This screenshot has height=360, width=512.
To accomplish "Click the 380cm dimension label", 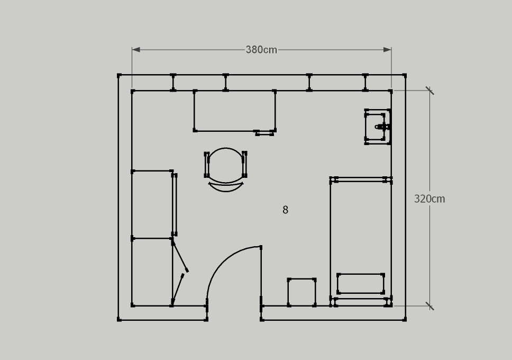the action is click(261, 50).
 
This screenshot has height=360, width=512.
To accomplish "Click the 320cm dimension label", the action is click(429, 199).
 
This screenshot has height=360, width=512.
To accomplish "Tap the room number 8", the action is click(286, 210).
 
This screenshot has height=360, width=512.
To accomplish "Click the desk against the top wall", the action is click(235, 111).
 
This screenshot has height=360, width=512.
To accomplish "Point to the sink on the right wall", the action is click(378, 127).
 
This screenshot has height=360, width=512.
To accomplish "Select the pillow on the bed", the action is click(361, 284).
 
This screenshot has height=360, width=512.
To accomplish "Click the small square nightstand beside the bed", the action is click(301, 292).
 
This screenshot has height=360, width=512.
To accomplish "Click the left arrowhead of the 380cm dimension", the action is click(136, 50).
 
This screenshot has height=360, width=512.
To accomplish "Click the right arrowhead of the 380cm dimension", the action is click(388, 50).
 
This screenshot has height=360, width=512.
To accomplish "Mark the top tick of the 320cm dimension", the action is click(429, 91).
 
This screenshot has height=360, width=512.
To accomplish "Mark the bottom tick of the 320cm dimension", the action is click(429, 307).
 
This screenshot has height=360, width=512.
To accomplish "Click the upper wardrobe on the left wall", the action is click(154, 203).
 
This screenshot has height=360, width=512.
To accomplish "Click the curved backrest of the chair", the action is click(226, 188).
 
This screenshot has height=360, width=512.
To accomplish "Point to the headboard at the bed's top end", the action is click(361, 179).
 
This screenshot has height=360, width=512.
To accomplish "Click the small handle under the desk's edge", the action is click(264, 133).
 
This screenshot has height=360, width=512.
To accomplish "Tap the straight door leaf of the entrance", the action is click(261, 276).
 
